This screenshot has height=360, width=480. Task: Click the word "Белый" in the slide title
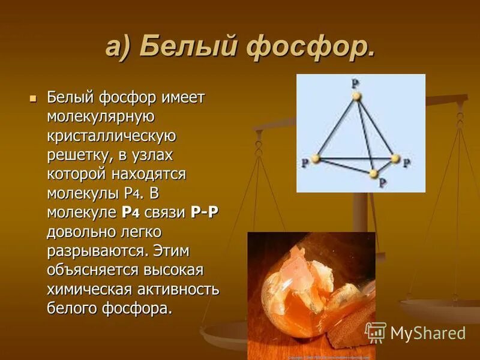coord(189,47)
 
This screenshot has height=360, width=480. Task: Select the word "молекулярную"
coord(102,116)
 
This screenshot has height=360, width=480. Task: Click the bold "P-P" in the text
coord(203,212)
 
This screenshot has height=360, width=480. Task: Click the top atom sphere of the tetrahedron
coord(356,95)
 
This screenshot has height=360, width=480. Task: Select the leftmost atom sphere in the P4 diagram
coord(316,159)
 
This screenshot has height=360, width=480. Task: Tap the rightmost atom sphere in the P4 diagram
coord(395,159)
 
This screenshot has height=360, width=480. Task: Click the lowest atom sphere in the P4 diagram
coord(374,173)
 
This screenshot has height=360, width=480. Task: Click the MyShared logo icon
coord(376,332)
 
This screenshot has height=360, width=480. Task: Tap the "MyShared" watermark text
coord(428,333)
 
